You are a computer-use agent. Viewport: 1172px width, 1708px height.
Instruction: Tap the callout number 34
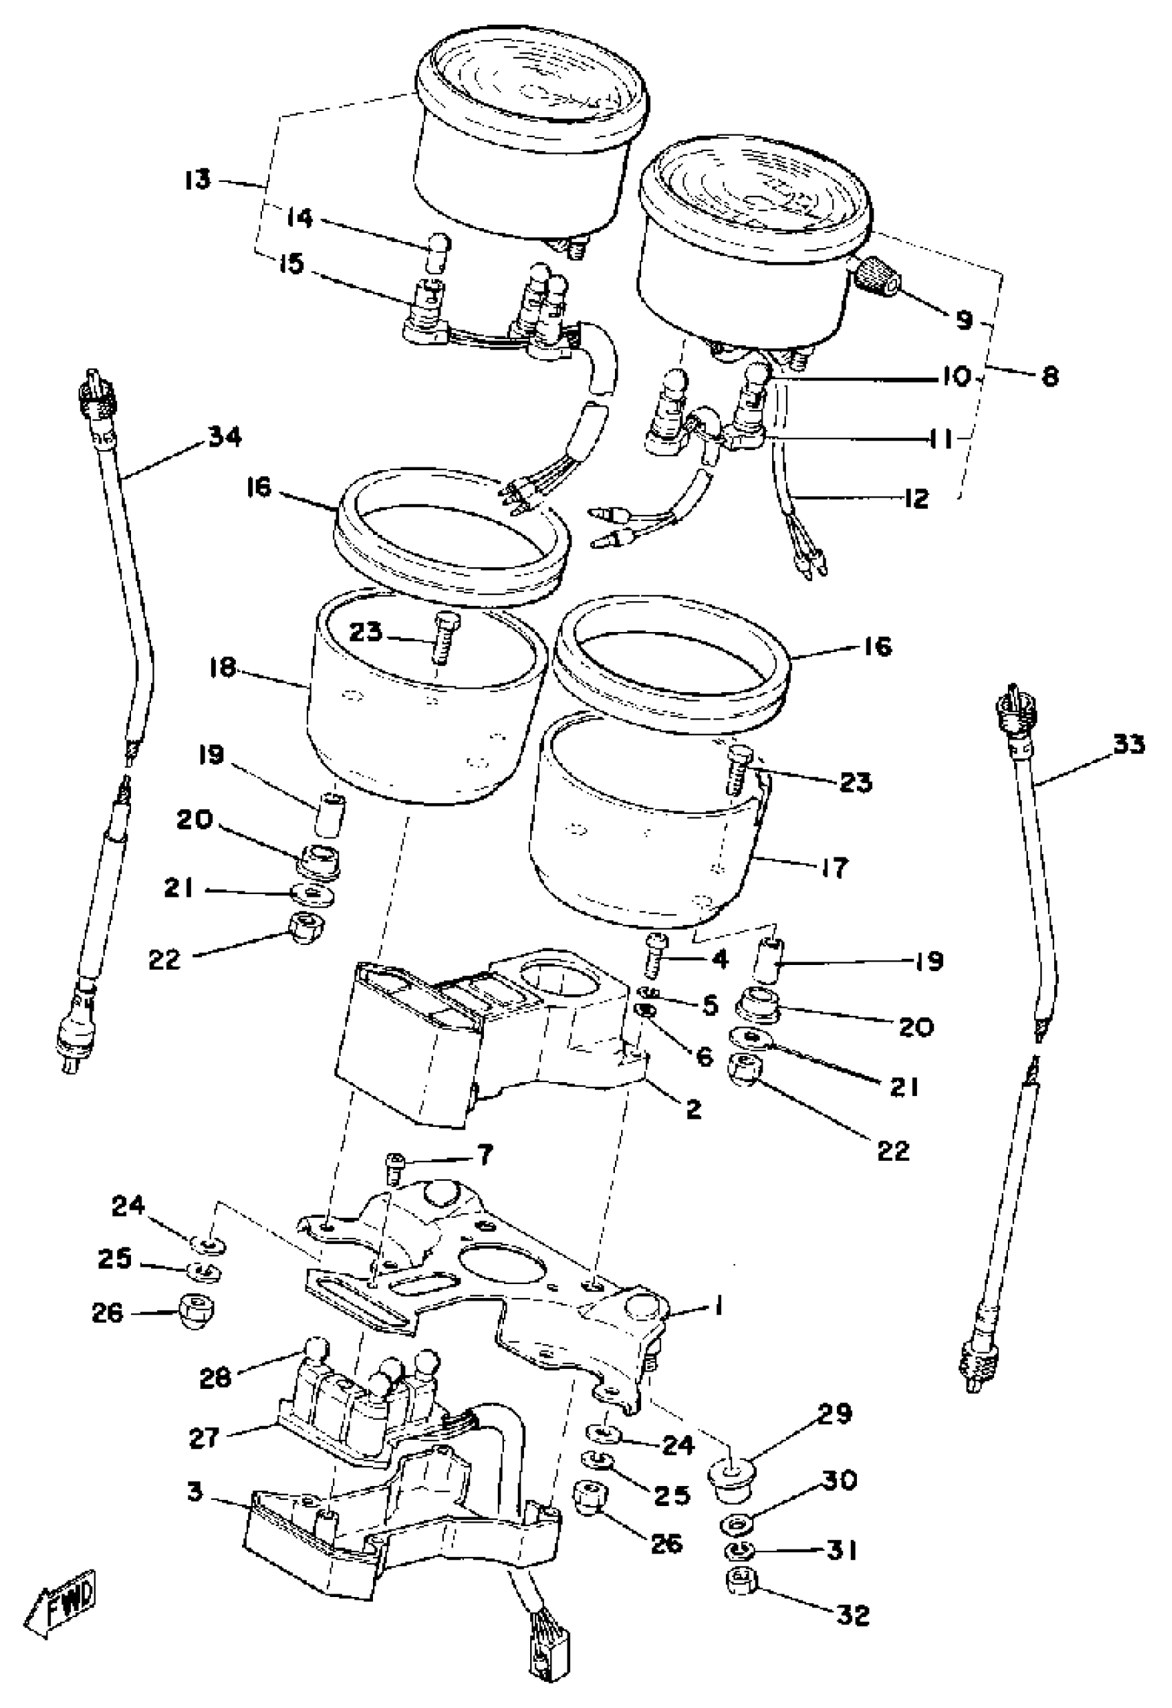click(224, 437)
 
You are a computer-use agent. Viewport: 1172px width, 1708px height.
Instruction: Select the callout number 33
click(1128, 745)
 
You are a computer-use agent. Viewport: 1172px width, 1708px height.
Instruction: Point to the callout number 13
click(197, 180)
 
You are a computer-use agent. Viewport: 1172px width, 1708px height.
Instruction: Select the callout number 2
click(693, 1108)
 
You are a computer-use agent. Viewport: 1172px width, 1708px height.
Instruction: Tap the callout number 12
click(916, 498)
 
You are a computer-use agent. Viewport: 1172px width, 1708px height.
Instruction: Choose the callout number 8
click(1049, 377)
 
